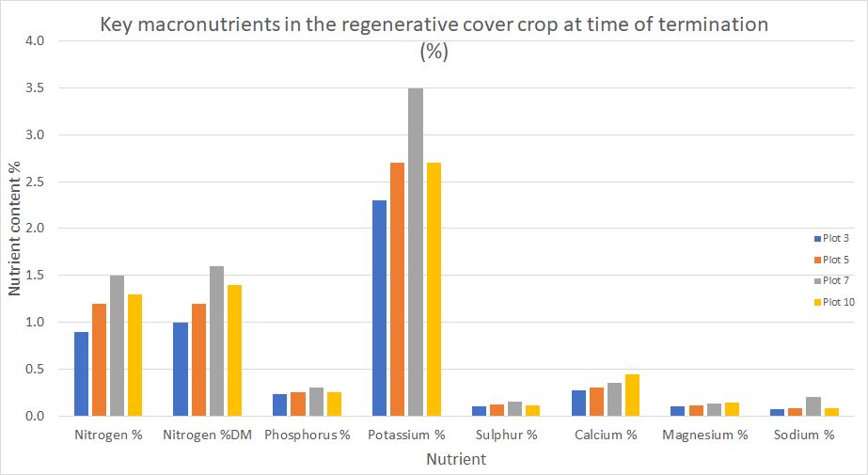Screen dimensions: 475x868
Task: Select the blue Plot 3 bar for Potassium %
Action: (379, 309)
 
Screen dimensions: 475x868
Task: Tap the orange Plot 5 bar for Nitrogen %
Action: (99, 359)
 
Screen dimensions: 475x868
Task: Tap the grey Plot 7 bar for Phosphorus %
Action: (316, 402)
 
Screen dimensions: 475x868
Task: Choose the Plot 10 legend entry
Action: (832, 302)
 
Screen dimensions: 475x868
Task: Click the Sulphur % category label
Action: (507, 435)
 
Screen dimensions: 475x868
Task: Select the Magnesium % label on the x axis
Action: (705, 435)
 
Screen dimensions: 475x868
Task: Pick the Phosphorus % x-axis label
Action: (308, 435)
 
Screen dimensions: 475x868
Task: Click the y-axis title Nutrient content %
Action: (14, 227)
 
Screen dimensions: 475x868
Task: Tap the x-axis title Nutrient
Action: (456, 460)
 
